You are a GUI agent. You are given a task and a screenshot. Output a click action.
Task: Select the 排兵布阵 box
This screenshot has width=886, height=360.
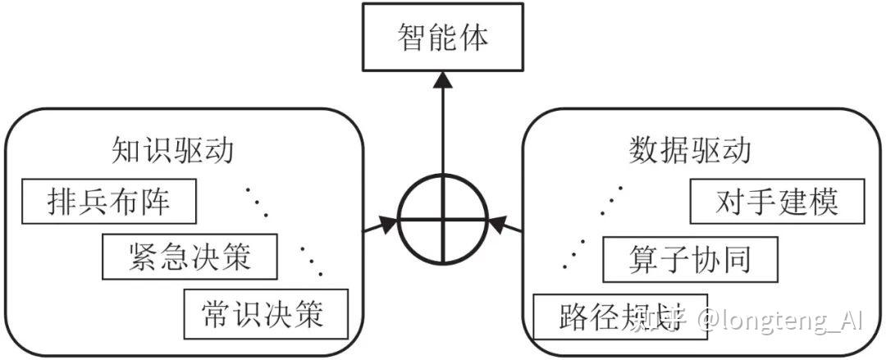[109, 201]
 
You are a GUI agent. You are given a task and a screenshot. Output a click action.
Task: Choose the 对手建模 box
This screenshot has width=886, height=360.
[777, 201]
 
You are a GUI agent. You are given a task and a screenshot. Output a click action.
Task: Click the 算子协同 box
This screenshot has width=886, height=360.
[689, 260]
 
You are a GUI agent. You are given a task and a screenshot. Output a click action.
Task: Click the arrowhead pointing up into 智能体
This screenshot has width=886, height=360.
[443, 79]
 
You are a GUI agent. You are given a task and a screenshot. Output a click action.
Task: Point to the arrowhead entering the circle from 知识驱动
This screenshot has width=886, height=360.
[387, 224]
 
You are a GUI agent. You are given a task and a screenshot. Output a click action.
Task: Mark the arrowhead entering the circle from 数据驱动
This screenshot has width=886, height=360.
[498, 223]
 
